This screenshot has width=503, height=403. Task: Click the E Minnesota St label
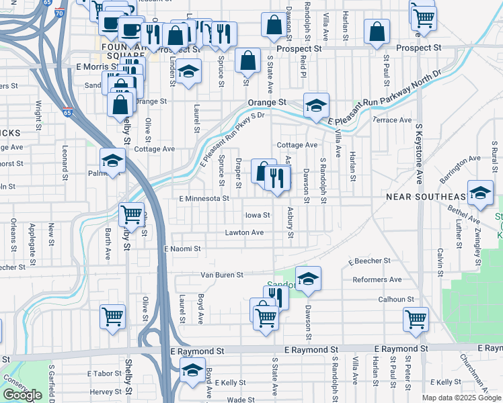click(x=204, y=199)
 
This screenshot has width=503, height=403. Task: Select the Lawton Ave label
click(x=244, y=232)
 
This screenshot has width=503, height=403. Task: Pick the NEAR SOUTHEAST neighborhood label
click(x=426, y=196)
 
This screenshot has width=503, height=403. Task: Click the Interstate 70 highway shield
click(x=59, y=12)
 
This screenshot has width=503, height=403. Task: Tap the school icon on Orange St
click(x=315, y=105)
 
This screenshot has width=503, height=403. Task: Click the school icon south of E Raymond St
click(x=192, y=370)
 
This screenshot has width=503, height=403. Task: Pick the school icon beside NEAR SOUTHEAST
click(x=480, y=192)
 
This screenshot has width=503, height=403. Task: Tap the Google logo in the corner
click(x=22, y=395)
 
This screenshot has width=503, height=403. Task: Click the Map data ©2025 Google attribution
click(x=461, y=398)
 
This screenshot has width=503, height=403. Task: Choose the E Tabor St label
click(x=104, y=373)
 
